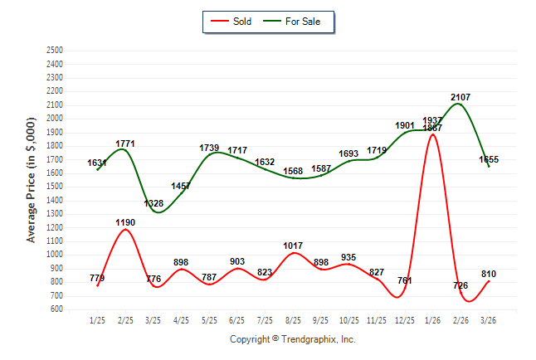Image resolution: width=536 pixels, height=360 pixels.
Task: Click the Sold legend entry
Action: [x=235, y=22]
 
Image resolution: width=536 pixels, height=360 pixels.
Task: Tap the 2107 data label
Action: [x=460, y=98]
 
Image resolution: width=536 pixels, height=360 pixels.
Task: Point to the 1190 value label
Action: [x=125, y=222]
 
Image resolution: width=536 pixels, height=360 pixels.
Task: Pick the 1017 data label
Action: [x=293, y=246]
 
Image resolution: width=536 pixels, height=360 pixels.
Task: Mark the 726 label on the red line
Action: [x=460, y=285]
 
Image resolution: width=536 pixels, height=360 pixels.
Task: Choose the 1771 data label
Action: [x=125, y=144]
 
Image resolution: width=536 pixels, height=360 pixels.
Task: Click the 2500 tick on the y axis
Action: [x=55, y=50]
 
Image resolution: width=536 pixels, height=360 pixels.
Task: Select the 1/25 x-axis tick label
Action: [x=98, y=320]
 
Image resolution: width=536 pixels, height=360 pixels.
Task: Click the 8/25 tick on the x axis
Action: [x=293, y=320]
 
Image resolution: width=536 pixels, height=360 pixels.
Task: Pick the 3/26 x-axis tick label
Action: [x=489, y=320]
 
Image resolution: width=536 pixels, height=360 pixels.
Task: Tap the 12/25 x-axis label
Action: [x=405, y=320]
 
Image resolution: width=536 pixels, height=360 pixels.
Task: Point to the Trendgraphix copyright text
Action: [x=292, y=339]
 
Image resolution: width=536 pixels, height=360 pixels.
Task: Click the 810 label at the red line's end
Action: [x=489, y=274]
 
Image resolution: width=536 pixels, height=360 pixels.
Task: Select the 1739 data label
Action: [x=209, y=148]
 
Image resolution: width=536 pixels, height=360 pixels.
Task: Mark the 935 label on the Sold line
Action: [x=349, y=257]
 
